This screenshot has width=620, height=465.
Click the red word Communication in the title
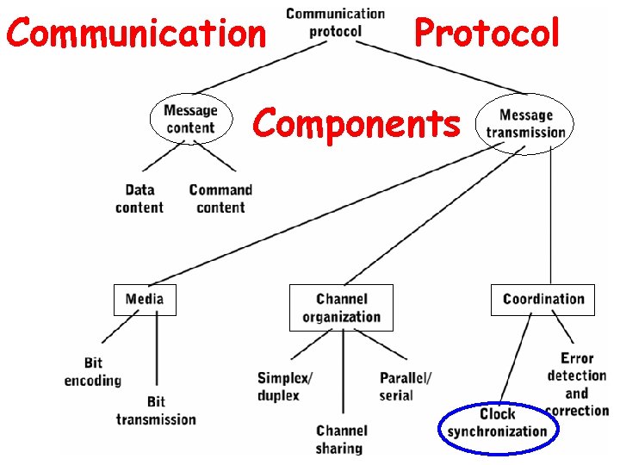click(136, 34)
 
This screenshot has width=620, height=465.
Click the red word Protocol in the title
click(487, 34)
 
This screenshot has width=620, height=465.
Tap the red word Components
click(356, 123)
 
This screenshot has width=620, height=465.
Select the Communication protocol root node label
click(335, 22)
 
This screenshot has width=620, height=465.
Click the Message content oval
click(190, 119)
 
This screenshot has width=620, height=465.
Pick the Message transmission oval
click(525, 123)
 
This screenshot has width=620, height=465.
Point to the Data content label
click(139, 199)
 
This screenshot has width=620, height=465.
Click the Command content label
click(220, 199)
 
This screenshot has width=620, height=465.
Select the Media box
click(145, 300)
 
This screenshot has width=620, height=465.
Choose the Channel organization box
click(341, 307)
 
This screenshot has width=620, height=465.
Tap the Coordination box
click(542, 300)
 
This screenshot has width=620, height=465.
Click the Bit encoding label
click(93, 372)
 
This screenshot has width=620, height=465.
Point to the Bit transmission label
click(156, 411)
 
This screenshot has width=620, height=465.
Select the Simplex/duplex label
click(284, 387)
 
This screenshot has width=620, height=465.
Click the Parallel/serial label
click(405, 387)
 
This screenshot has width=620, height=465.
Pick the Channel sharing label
click(341, 439)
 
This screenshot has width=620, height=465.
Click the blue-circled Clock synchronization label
click(497, 423)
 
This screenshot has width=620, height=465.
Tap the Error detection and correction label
click(576, 384)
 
